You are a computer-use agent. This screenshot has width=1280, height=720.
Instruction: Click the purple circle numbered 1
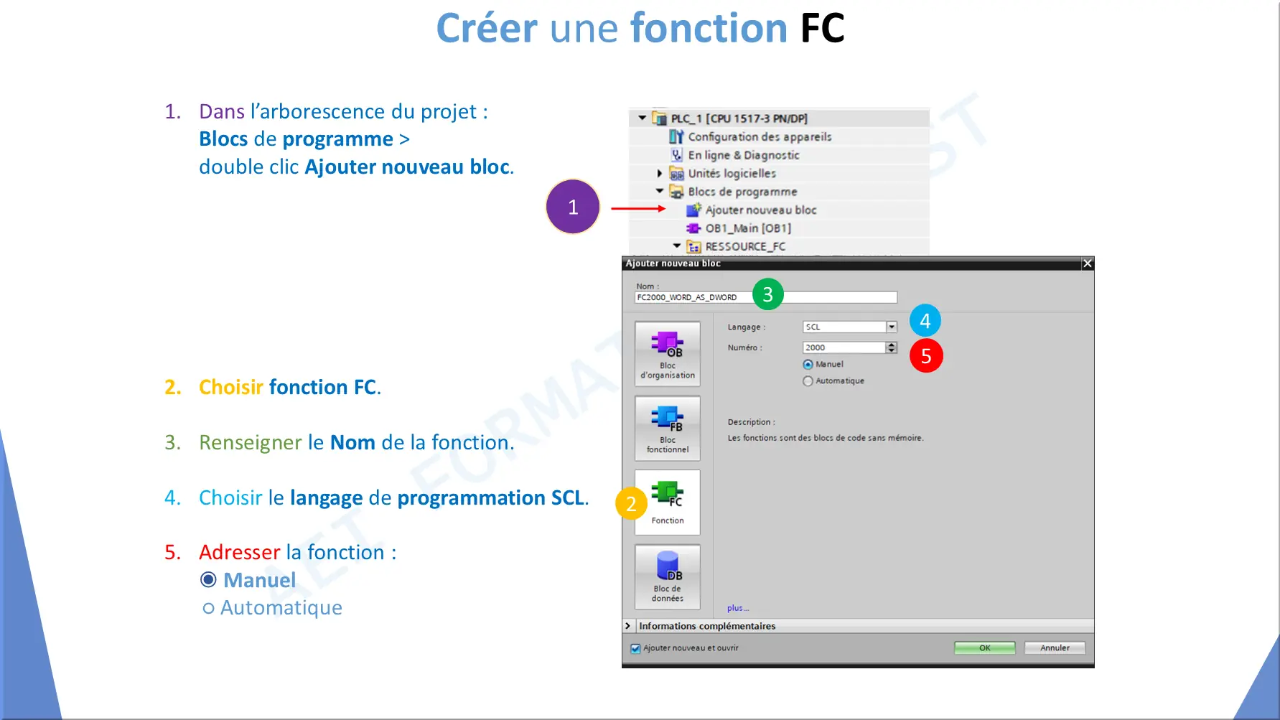pyautogui.click(x=573, y=207)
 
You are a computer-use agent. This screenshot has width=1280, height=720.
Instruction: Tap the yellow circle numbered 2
pyautogui.click(x=631, y=503)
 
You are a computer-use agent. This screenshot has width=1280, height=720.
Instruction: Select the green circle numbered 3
pyautogui.click(x=767, y=294)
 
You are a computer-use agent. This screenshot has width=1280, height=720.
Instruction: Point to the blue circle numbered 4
pyautogui.click(x=925, y=321)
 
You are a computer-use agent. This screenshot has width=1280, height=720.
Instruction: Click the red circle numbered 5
pyautogui.click(x=926, y=356)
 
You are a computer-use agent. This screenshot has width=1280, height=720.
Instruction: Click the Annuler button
pyautogui.click(x=1055, y=647)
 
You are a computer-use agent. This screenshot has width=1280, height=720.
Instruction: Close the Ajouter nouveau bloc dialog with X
pyautogui.click(x=1088, y=263)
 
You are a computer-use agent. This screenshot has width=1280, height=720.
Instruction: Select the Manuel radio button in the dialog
pyautogui.click(x=808, y=365)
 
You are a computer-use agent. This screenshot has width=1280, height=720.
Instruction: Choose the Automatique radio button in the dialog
pyautogui.click(x=808, y=381)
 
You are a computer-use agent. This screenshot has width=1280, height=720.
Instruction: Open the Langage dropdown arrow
pyautogui.click(x=892, y=327)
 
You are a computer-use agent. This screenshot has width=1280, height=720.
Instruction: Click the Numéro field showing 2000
pyautogui.click(x=844, y=347)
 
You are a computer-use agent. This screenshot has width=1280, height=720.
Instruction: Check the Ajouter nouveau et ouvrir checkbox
pyautogui.click(x=635, y=648)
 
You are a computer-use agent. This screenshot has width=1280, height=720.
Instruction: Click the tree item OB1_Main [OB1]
pyautogui.click(x=739, y=228)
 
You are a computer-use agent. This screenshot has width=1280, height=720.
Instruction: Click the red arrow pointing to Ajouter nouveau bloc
pyautogui.click(x=638, y=208)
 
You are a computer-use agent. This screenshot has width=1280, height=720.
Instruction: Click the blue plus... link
pyautogui.click(x=737, y=608)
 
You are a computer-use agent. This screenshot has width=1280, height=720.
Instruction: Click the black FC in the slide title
pyautogui.click(x=823, y=29)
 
